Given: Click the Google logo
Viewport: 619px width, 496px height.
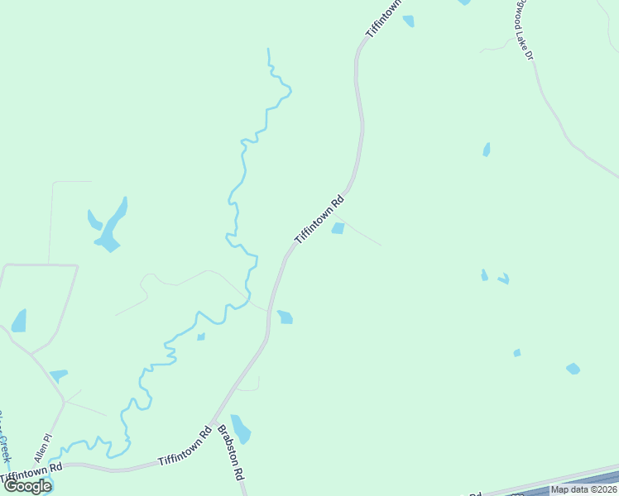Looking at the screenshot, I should (x=27, y=486).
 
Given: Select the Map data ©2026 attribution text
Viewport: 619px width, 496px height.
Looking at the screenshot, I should (x=583, y=489).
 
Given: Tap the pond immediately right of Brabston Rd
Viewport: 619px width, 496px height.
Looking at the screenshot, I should (x=241, y=428).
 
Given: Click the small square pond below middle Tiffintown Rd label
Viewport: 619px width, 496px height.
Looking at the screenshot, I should (x=338, y=228).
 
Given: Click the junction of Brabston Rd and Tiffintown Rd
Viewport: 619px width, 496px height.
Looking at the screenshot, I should (x=213, y=423).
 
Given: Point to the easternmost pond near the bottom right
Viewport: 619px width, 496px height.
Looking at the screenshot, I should (x=573, y=368).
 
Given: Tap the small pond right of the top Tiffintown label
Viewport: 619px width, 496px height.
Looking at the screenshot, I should (x=409, y=21).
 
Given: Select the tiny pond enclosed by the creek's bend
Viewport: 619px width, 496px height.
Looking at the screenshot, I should (x=200, y=336).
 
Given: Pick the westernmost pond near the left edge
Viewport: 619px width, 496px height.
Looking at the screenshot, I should (x=18, y=321).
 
